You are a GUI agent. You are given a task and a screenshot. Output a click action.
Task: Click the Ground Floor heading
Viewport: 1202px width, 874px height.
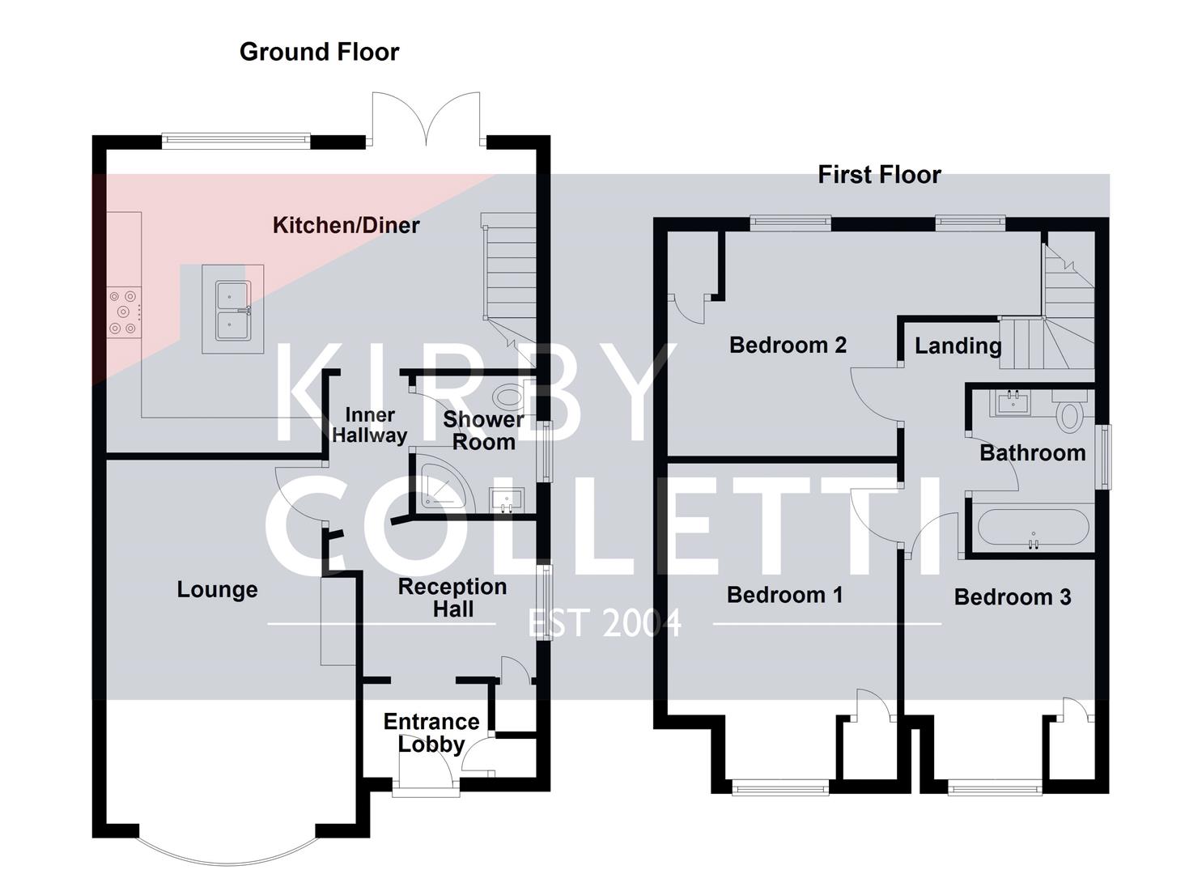coord(319,52)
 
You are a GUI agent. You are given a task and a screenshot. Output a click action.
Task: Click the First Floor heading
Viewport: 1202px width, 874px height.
coord(879,175)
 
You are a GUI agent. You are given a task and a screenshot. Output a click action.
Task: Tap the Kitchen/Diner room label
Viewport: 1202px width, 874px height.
coord(346,225)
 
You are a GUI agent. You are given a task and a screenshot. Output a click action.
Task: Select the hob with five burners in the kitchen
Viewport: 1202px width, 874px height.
coord(124,312)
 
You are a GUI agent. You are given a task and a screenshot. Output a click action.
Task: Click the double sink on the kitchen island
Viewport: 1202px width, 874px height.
coord(233,311)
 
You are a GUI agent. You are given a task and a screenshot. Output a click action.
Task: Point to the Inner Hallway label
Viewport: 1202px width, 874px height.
coord(369,425)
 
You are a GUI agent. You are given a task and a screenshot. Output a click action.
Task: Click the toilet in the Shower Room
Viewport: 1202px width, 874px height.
coord(508,397)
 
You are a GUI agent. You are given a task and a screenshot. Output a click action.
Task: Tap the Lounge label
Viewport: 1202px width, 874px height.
coord(217,589)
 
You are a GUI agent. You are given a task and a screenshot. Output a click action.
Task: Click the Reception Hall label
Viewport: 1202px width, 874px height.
coord(452,597)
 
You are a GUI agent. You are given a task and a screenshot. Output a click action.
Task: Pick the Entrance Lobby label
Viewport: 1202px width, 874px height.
coord(431,732)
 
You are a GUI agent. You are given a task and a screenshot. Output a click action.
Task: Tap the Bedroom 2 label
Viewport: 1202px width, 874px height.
coord(788,345)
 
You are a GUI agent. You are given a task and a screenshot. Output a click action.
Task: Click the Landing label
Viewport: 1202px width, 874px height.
coord(958,346)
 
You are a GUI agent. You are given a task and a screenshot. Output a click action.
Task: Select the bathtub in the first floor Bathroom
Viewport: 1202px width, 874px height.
coord(1032,528)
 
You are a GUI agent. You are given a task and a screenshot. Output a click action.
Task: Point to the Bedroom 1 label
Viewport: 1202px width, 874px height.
coord(784,595)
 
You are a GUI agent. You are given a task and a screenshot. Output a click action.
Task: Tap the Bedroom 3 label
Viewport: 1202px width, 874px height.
coord(1012,597)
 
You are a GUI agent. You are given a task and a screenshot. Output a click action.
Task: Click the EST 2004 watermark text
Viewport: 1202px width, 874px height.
coord(605,624)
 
